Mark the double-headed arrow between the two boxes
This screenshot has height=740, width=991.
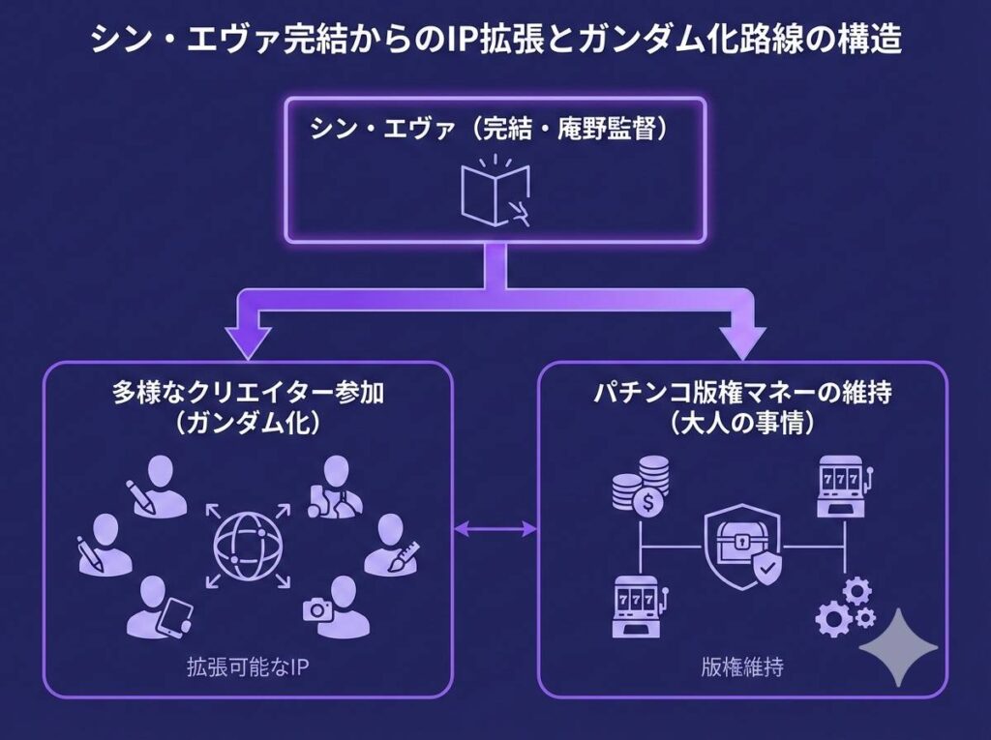point(495,528)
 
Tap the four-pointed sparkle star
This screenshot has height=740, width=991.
point(899,647)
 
